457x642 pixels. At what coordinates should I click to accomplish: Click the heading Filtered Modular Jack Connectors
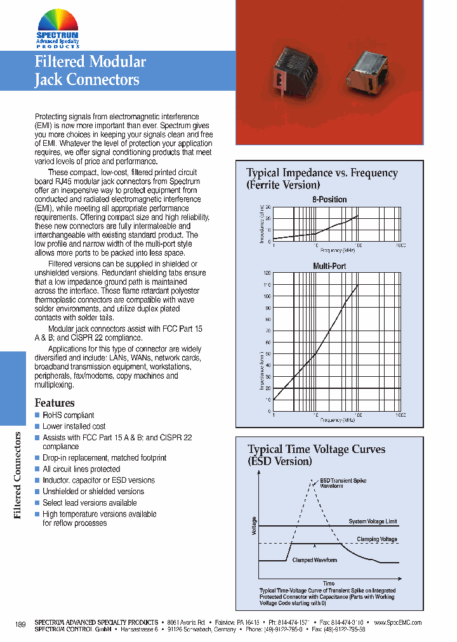(x=89, y=70)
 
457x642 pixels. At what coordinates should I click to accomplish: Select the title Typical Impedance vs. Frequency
(x=322, y=173)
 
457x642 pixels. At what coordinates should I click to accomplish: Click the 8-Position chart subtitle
(x=329, y=199)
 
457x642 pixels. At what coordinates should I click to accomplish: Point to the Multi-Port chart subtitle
(x=329, y=266)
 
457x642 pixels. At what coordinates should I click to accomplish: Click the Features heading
(x=55, y=403)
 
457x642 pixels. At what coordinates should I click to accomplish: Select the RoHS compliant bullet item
(x=68, y=416)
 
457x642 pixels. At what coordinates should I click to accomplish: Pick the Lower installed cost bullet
(x=74, y=426)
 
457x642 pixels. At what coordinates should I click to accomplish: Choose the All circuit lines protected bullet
(x=81, y=469)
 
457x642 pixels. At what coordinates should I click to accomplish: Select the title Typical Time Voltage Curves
(x=316, y=450)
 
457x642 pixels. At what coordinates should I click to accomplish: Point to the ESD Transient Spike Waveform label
(x=343, y=483)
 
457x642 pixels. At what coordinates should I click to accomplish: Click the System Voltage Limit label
(x=373, y=521)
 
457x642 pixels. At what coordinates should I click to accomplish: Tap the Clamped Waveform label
(x=314, y=560)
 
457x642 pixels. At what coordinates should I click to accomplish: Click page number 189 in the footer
(x=20, y=625)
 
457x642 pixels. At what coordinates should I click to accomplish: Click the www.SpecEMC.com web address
(x=397, y=622)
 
